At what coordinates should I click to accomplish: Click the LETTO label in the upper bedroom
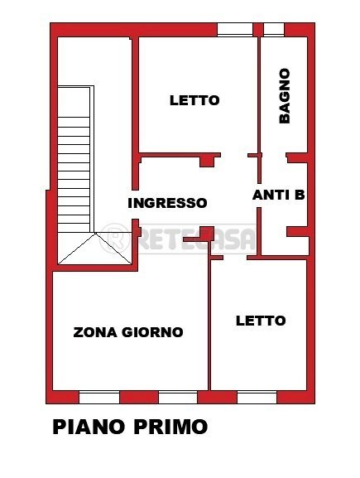pos(194,100)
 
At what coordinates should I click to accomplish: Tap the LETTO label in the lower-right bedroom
pos(260,321)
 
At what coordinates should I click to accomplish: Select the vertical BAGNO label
pos(285,95)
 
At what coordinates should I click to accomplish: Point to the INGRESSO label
pos(167,203)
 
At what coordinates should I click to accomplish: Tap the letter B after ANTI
pos(300,196)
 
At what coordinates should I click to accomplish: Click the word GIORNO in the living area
pos(153,333)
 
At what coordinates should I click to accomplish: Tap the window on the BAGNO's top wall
pos(274,30)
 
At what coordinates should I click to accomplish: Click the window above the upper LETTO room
pos(234,30)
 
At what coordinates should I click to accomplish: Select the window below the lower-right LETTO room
pos(257,397)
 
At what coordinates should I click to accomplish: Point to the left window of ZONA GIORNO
pos(99,397)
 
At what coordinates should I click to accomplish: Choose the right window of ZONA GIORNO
pos(178,397)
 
